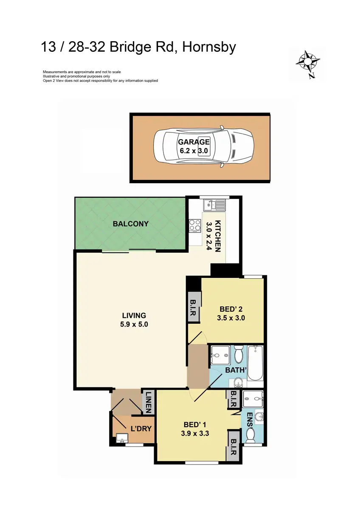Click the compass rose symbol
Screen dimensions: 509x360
307,63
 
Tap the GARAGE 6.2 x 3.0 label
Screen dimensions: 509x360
194,146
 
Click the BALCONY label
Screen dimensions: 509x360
130,224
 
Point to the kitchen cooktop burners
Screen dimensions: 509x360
194,225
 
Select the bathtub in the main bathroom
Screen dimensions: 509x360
255,363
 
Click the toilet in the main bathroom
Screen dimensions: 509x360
238,353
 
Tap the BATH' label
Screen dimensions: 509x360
236,370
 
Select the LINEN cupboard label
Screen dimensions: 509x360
149,402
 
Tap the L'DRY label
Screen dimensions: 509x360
141,428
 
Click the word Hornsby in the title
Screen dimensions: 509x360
208,47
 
